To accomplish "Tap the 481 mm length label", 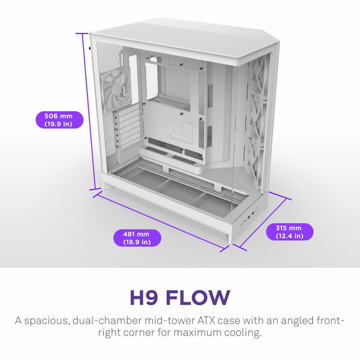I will tap(137, 238).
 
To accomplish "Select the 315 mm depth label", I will tap(289, 232).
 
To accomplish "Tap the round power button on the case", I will tap(256, 210).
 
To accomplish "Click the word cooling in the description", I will tap(242, 333).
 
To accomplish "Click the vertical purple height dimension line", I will tap(88, 113).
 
